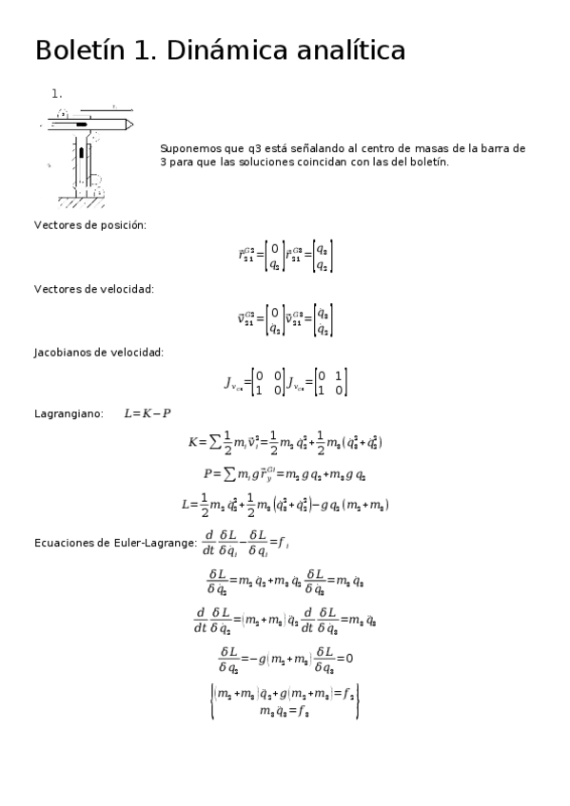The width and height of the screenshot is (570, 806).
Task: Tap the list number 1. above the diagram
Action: point(57,93)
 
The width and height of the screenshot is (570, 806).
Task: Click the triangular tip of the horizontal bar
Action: point(128,124)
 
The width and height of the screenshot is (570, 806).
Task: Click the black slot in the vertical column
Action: point(82,153)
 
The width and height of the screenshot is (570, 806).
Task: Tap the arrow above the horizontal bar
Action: point(113,106)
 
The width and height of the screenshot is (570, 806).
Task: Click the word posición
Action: point(125,225)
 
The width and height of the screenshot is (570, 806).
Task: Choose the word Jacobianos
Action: point(65,352)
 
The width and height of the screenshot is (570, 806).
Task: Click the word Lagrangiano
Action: point(68,413)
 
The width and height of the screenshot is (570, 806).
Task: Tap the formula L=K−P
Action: point(147,413)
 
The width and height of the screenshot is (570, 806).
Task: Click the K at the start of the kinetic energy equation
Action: point(193,442)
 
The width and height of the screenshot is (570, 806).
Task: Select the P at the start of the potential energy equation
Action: point(207,473)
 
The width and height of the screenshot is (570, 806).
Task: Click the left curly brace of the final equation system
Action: point(212,700)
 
